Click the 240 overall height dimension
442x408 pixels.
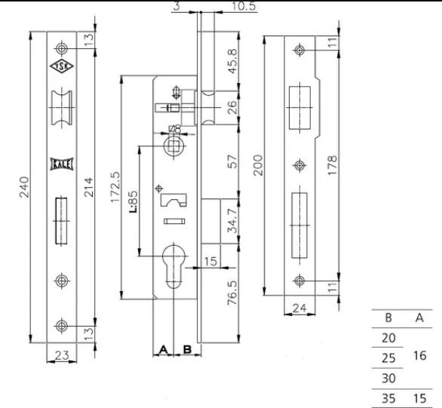pyautogui.click(x=24, y=187)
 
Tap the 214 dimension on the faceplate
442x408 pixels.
pyautogui.click(x=88, y=187)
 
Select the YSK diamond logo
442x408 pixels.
pyautogui.click(x=62, y=66)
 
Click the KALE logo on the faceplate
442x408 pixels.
pyautogui.click(x=62, y=164)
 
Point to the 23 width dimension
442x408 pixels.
pyautogui.click(x=62, y=355)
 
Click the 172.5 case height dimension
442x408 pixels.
pyautogui.click(x=115, y=187)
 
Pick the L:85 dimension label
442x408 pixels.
pyautogui.click(x=134, y=202)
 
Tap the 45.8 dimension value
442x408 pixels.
pyautogui.click(x=233, y=61)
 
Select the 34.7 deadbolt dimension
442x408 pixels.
pyautogui.click(x=233, y=221)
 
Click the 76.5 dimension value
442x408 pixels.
pyautogui.click(x=233, y=293)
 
